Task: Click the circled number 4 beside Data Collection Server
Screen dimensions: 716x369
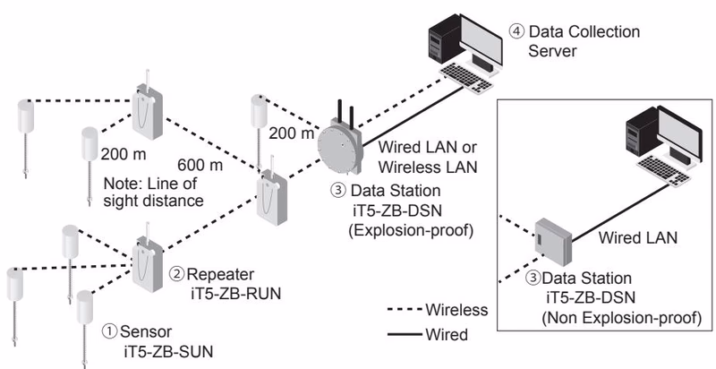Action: [517, 32]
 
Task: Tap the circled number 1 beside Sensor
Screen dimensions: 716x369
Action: [109, 331]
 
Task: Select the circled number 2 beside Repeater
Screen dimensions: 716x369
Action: [176, 274]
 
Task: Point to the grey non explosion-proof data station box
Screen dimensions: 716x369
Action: [553, 242]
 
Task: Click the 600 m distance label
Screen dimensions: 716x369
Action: [200, 165]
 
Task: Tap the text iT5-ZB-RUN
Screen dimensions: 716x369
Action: [235, 293]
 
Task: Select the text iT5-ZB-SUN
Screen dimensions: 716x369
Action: [168, 352]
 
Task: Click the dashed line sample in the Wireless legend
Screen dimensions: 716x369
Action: [405, 310]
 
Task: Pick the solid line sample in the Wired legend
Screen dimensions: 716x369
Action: [405, 335]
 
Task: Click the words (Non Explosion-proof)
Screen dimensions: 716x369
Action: [621, 318]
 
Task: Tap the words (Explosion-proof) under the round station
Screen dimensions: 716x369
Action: [411, 230]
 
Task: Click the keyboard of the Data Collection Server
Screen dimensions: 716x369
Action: [465, 78]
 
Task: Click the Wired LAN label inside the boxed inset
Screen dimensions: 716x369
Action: [638, 237]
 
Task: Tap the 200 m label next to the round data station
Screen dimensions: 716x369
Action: [291, 133]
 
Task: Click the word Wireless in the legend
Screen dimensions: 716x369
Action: [456, 310]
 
